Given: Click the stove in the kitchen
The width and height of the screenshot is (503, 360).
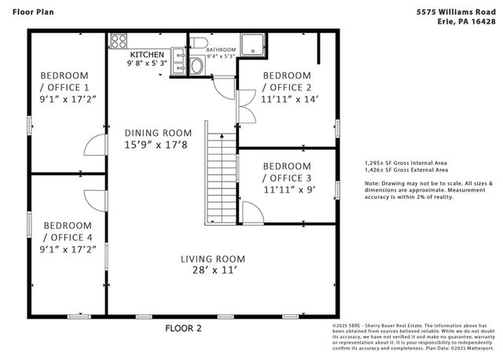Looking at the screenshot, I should (119, 41).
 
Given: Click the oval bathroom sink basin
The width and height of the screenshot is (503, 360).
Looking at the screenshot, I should (195, 68).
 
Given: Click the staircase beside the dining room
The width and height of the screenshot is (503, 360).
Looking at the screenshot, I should (222, 172).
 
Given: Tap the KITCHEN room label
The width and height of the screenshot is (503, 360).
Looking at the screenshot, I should (147, 54).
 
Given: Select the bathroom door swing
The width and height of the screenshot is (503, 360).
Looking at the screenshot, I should (226, 85).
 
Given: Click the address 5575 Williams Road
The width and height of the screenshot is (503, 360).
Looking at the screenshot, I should (455, 13).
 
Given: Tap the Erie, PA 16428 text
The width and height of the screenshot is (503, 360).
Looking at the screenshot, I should (467, 22).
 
